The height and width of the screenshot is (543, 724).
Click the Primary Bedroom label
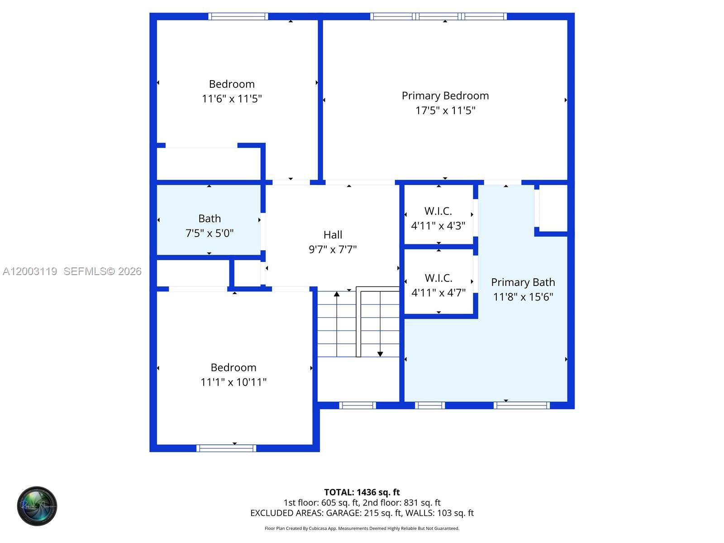(445, 95)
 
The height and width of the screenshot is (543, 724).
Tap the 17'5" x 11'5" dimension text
(445, 110)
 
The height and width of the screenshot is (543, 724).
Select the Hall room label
(333, 235)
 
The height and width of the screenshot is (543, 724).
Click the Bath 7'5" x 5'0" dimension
(210, 233)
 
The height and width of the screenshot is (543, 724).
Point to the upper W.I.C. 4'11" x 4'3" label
(438, 218)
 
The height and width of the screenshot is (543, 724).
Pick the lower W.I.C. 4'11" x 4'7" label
(438, 285)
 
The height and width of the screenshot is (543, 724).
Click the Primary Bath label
(523, 282)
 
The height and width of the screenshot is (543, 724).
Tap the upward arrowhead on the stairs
(337, 295)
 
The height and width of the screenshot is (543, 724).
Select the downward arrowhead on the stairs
(380, 354)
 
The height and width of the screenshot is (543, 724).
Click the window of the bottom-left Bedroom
(226, 448)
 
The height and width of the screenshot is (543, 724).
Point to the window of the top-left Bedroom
(238, 16)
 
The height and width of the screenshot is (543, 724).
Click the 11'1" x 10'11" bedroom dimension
(233, 382)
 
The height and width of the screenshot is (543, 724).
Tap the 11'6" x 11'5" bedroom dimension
(232, 99)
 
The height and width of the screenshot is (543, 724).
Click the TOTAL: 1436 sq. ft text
(362, 492)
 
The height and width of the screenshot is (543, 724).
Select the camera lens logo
(37, 506)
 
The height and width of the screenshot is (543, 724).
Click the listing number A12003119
(30, 271)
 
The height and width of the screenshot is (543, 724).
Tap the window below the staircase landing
(357, 405)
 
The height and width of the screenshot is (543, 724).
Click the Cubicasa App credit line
(362, 528)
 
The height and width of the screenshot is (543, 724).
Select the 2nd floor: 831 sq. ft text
(401, 502)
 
